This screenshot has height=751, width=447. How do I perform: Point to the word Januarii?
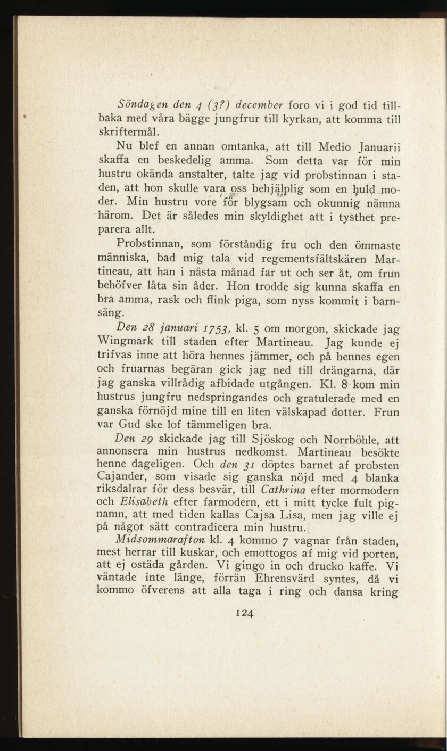click(371, 146)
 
